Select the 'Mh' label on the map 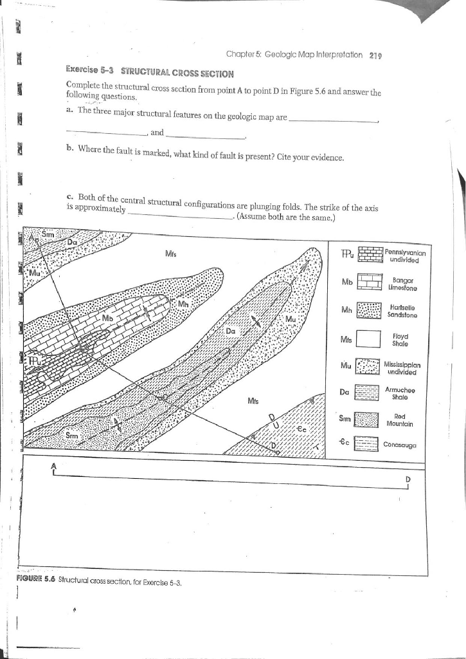[x=184, y=303]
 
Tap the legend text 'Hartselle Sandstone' [x=404, y=311]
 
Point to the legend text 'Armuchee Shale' [x=402, y=393]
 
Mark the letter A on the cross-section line [x=54, y=466]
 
